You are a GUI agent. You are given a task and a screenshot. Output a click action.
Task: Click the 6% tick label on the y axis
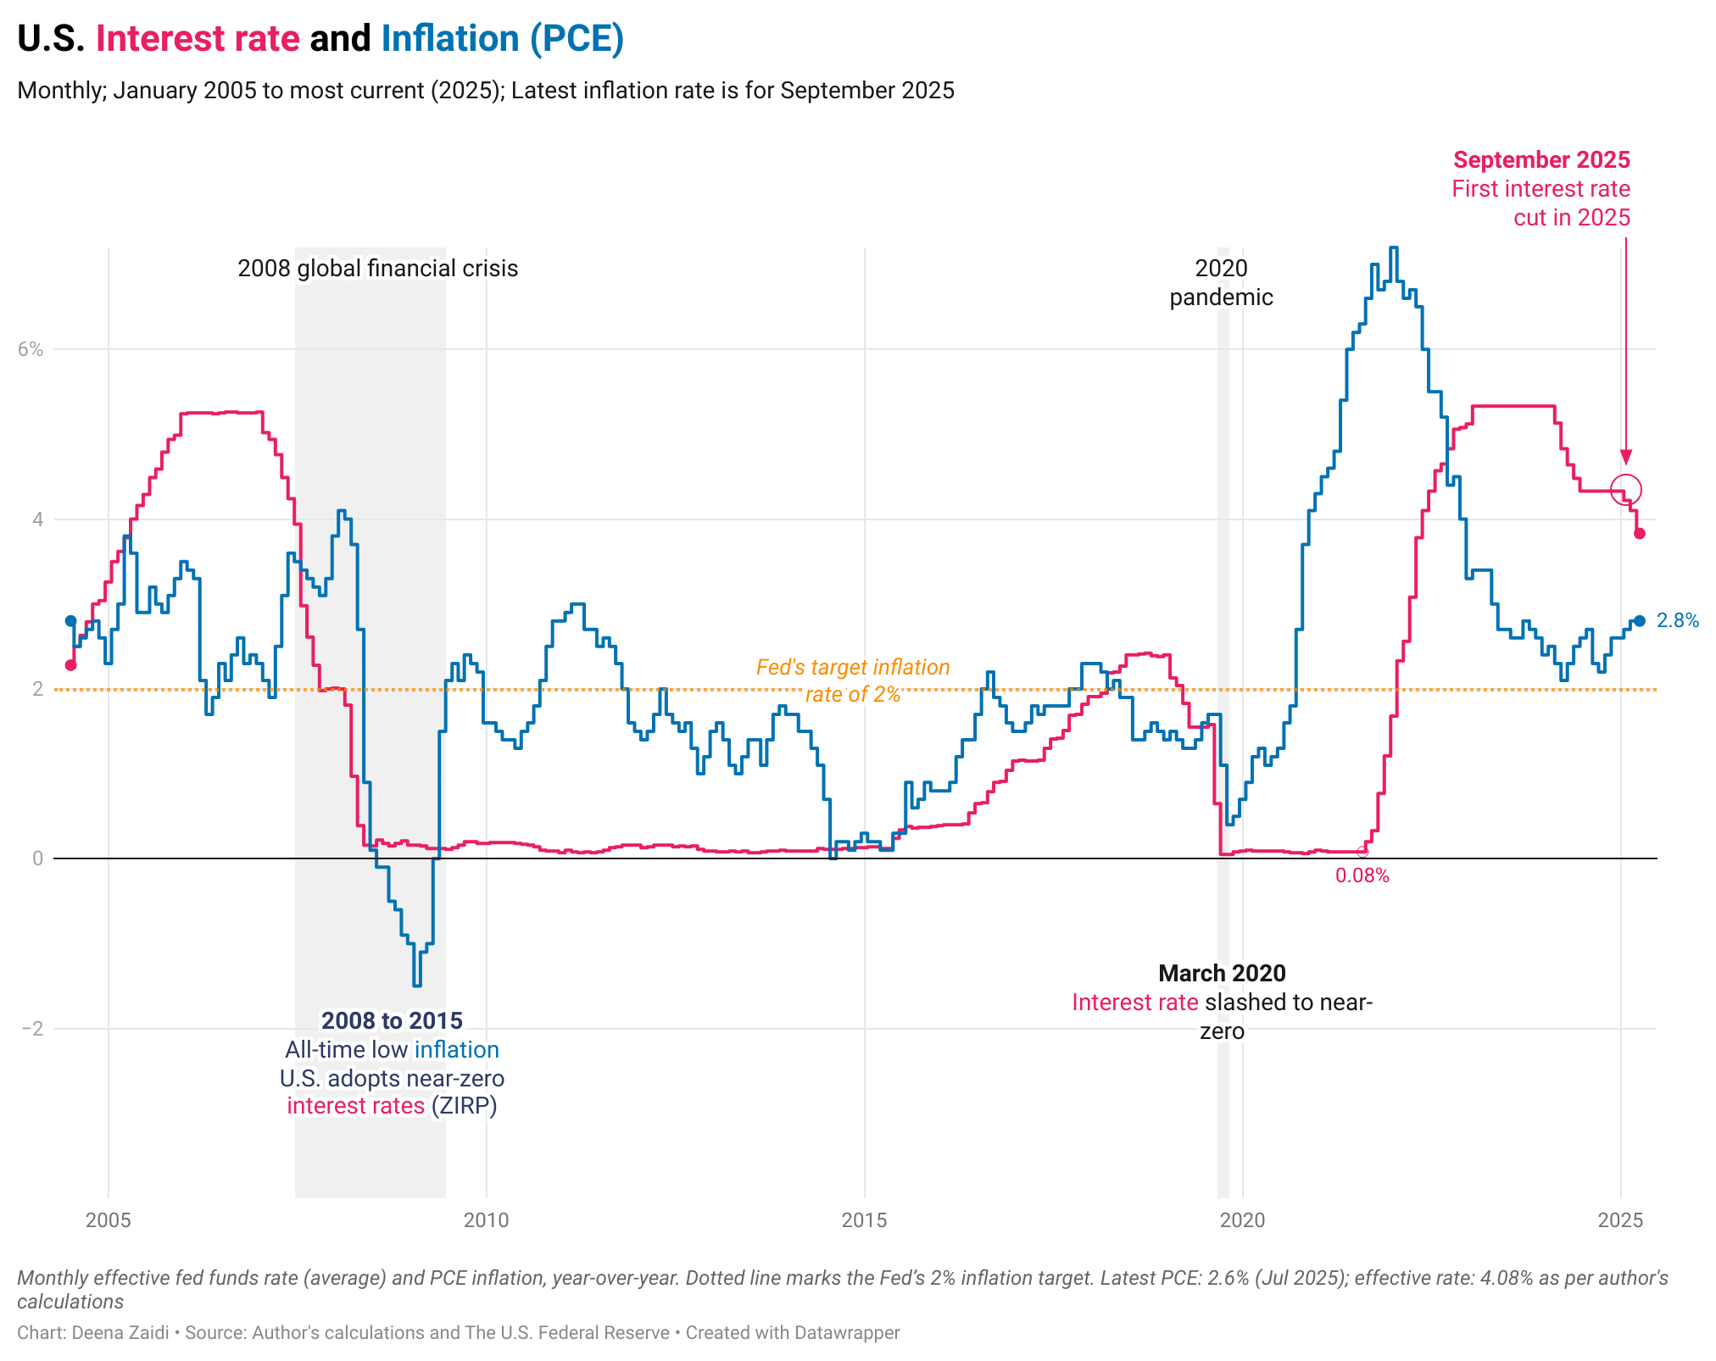coord(31,349)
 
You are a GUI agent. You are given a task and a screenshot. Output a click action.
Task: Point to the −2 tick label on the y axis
coord(32,1029)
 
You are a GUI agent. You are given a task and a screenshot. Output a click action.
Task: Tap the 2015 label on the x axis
coord(864,1220)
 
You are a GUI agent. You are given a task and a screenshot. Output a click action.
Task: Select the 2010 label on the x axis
coord(486,1220)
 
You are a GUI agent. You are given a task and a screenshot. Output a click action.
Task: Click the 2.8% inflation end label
coord(1677,620)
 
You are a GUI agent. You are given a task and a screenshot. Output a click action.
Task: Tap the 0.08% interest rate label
coord(1362,876)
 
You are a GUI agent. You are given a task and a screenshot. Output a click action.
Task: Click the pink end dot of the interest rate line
coord(1640,534)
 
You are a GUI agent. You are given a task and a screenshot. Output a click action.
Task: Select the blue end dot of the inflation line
coord(1640,621)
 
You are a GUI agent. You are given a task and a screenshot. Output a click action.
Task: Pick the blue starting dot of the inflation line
coord(71,621)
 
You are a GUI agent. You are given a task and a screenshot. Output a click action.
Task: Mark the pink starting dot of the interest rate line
coord(71,665)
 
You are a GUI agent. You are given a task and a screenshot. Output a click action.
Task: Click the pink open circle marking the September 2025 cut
coord(1626,489)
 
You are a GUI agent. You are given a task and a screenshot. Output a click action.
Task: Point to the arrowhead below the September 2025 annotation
coord(1625,457)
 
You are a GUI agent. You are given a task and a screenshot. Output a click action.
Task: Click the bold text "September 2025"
coord(1541,160)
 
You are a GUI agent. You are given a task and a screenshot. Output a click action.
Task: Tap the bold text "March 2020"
coord(1222,973)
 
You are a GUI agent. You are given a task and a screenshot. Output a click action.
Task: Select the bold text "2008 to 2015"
coord(392,1020)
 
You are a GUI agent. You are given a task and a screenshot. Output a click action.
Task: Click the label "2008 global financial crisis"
coord(377,269)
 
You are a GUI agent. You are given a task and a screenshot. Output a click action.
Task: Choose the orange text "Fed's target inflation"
coord(852,668)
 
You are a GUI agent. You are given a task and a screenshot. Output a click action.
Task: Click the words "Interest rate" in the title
coord(198,39)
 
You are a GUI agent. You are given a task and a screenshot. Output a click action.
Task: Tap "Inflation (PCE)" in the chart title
coord(502,39)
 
